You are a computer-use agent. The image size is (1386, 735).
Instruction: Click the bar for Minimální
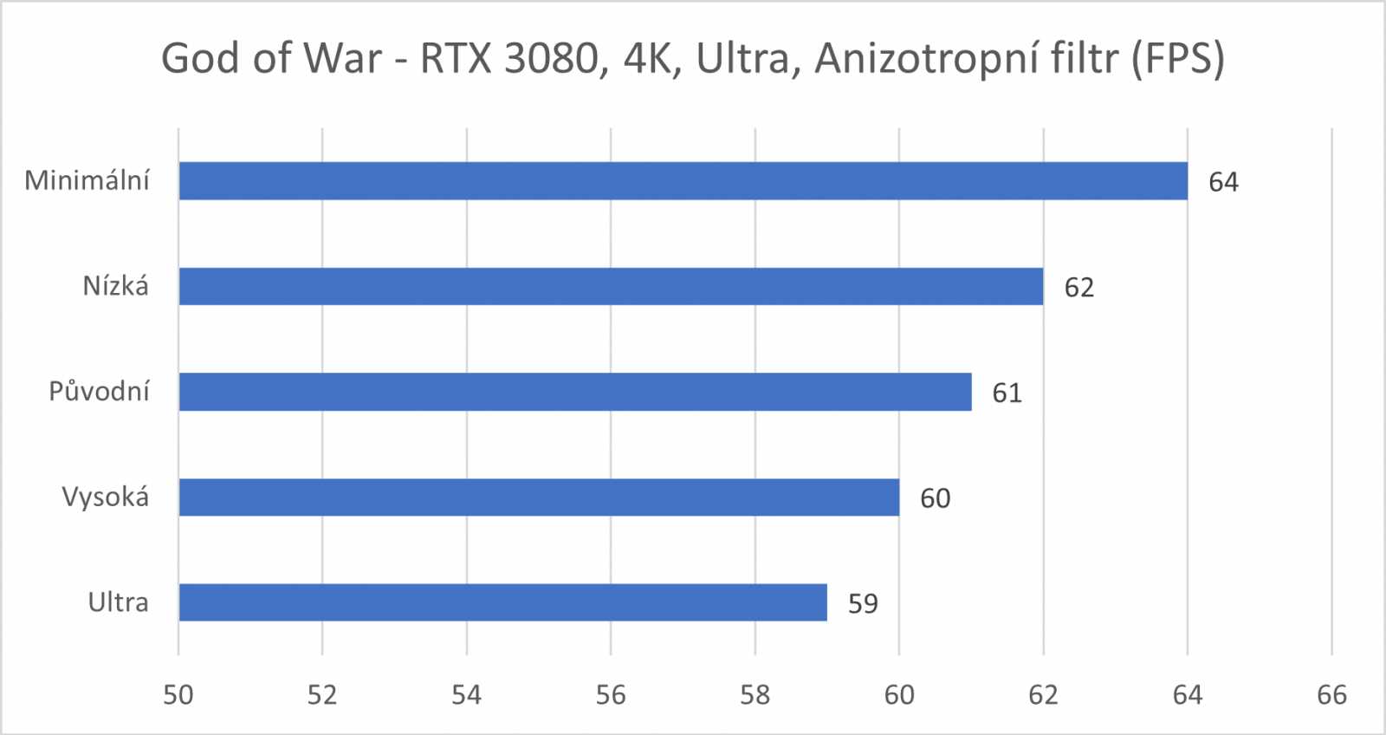coord(683,181)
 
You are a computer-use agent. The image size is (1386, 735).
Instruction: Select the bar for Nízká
coord(611,286)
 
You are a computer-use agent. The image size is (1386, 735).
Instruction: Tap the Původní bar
coord(574,392)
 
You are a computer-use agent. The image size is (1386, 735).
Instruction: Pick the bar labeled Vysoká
coord(539,498)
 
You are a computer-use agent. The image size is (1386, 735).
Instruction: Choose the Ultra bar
coord(502,602)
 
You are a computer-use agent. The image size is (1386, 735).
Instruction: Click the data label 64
coord(1223,182)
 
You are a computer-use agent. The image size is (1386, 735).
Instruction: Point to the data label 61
coord(1007,393)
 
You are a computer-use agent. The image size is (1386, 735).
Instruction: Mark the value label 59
coord(863,603)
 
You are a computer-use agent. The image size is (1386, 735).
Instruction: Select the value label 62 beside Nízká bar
coord(1079,287)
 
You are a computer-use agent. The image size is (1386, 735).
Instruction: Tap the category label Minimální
coord(87,180)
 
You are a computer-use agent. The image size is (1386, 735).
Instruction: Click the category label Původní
coord(99,392)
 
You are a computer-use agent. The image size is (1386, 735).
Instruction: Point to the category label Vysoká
coord(105,498)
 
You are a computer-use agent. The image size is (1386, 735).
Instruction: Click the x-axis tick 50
coord(178,694)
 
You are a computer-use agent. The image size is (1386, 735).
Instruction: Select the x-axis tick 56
coord(611,694)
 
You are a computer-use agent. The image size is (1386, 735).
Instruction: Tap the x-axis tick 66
coord(1331,694)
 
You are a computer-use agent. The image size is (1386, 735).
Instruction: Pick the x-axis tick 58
coord(755,694)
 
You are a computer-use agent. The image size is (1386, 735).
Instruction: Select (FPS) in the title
coord(1178,59)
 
